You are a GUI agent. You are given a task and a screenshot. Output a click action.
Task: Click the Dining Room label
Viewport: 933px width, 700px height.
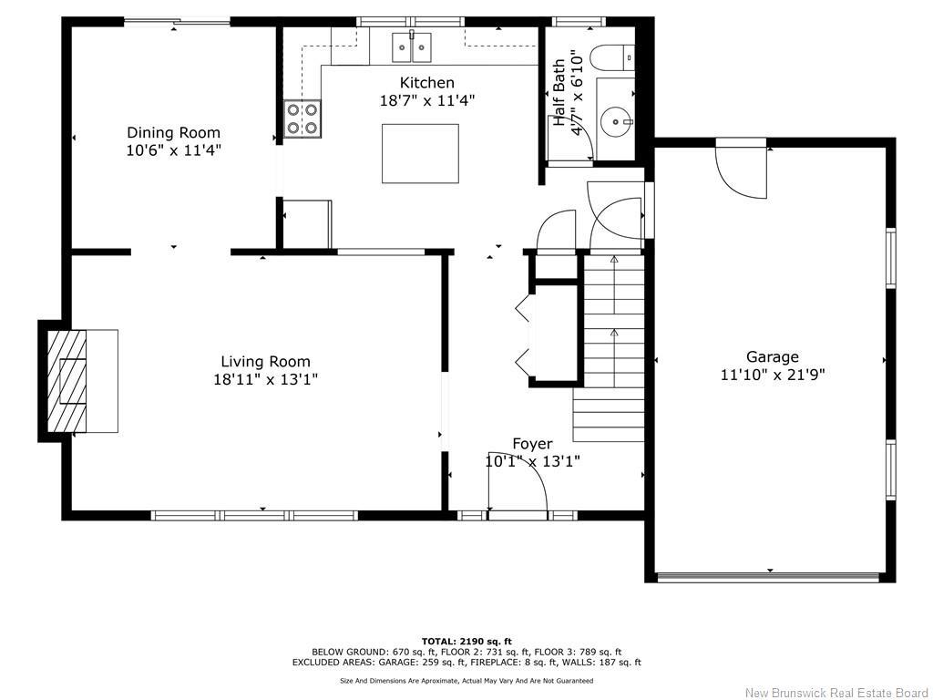click(173, 132)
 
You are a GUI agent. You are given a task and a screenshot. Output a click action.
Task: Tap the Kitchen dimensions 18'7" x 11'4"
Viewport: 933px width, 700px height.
click(426, 100)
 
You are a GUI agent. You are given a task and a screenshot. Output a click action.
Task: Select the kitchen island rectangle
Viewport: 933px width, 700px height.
click(420, 153)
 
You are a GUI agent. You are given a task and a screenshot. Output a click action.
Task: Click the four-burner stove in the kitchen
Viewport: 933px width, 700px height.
click(302, 118)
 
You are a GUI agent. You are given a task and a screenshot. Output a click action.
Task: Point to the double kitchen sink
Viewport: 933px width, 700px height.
click(412, 45)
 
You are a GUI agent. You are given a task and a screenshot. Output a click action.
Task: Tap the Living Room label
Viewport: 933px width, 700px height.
click(265, 361)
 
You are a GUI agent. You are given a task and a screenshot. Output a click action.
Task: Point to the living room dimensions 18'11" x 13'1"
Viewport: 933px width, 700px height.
click(265, 379)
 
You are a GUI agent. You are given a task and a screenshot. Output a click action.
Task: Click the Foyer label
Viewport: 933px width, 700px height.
click(532, 444)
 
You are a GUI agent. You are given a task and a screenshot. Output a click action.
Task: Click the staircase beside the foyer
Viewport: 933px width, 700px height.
click(612, 346)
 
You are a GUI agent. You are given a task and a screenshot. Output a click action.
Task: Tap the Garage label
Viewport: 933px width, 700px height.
click(773, 356)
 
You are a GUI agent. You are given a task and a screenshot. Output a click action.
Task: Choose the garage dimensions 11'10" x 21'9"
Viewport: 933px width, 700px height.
click(773, 374)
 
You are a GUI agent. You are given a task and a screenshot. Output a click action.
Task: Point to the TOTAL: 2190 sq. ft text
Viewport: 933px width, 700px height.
click(466, 641)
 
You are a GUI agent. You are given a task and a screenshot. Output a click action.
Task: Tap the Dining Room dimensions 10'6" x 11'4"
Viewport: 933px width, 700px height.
click(173, 149)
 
